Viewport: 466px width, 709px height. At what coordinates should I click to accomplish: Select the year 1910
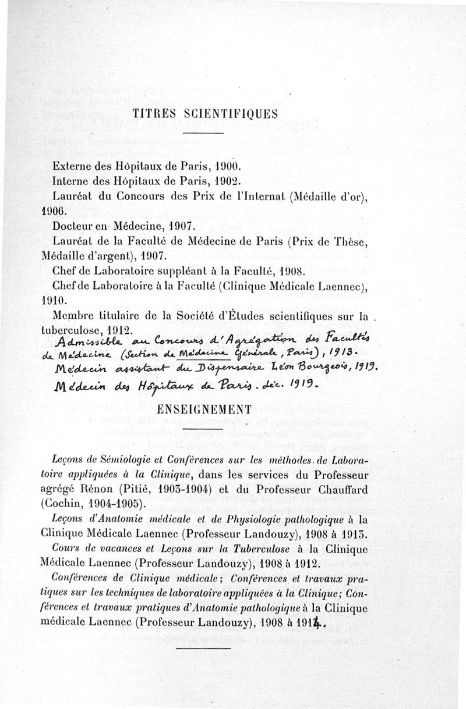click(55, 302)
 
